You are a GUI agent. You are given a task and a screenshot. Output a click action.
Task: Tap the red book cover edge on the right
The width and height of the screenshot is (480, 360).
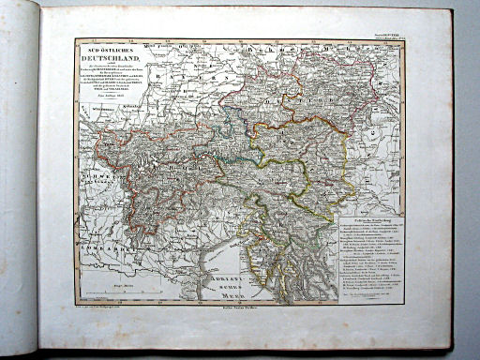pyautogui.click(x=449, y=187)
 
